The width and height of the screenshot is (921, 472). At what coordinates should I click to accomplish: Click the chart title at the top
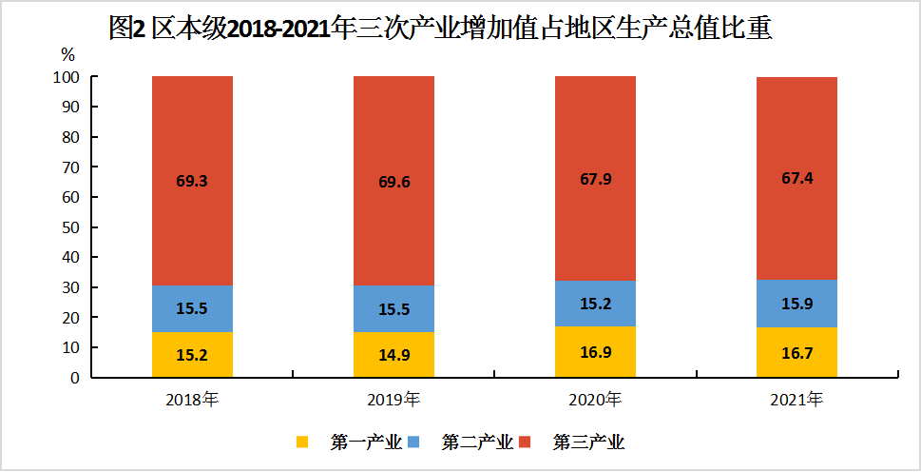pos(440,29)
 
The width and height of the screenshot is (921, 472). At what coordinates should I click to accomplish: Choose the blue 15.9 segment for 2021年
pos(796,303)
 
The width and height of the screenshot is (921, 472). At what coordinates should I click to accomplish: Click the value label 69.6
pos(393,182)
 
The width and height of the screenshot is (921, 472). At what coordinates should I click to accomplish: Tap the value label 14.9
pos(393,356)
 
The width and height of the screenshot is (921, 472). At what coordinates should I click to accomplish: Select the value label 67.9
pos(595,179)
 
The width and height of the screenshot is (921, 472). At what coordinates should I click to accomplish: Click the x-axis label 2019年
pos(393,399)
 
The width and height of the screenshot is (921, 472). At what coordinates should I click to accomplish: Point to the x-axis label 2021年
pos(796,399)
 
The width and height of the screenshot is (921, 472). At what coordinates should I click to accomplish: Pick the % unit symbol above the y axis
pos(67,53)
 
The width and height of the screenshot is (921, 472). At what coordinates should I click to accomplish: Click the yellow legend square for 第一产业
pos(303,442)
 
